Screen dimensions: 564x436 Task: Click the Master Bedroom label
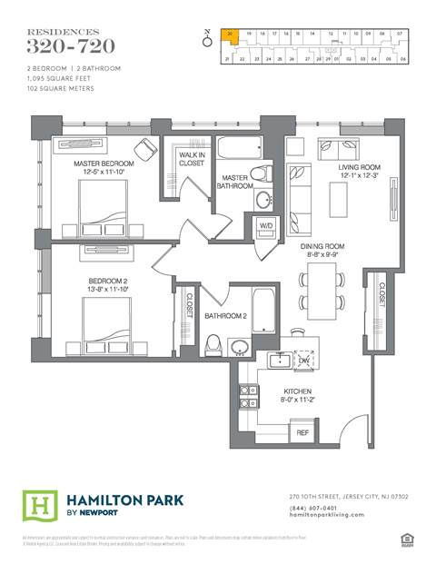[104, 163]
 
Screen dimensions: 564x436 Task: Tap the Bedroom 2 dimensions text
[108, 289]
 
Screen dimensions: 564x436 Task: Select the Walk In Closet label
[192, 160]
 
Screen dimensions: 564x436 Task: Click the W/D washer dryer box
[266, 224]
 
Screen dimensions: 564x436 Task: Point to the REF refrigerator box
[303, 433]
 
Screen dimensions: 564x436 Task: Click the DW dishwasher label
[303, 361]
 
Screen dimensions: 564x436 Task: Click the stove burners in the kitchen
[245, 396]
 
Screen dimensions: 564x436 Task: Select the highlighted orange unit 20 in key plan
[231, 35]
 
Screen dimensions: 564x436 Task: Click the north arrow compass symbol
[207, 40]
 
